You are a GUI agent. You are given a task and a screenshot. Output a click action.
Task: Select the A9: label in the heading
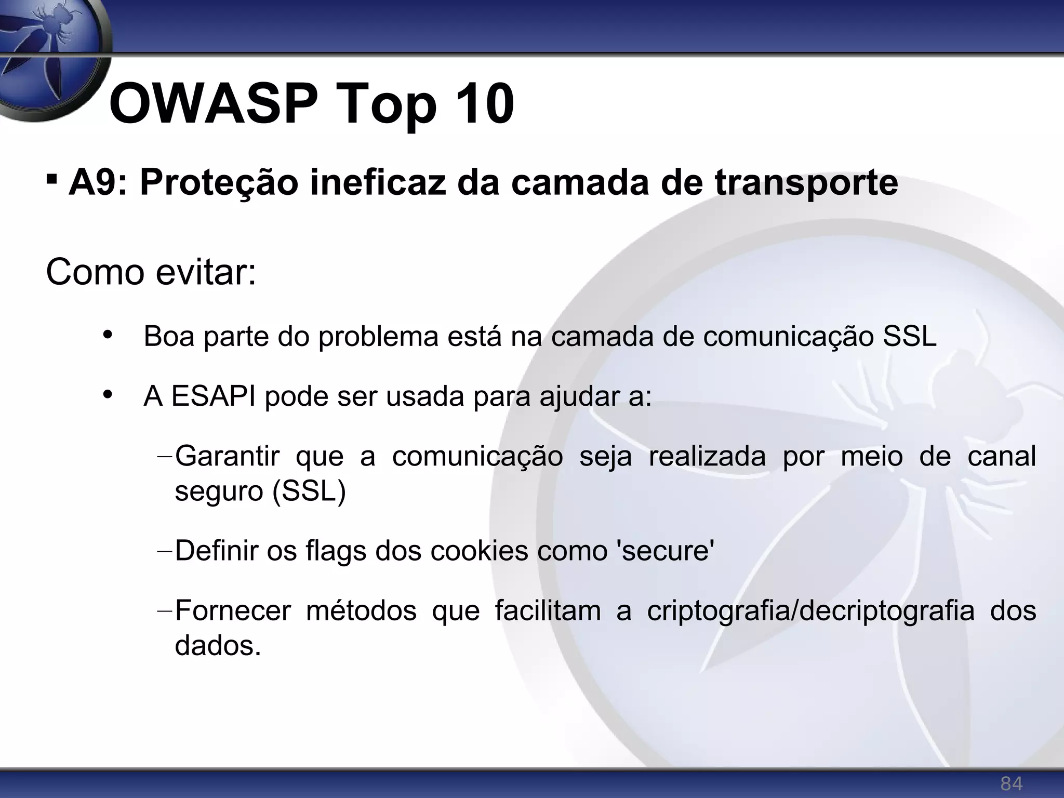[x=98, y=182]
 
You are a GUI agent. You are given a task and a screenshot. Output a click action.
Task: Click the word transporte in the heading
[x=806, y=183]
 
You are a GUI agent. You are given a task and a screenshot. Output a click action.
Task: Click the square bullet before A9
[x=51, y=180]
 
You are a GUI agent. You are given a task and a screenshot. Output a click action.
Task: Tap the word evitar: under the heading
[x=206, y=272]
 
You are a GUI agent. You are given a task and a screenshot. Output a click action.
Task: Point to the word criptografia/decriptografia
[x=810, y=611]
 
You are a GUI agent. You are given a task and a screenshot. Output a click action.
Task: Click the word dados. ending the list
[x=218, y=646]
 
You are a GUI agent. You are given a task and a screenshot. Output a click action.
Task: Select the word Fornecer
[x=233, y=611]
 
